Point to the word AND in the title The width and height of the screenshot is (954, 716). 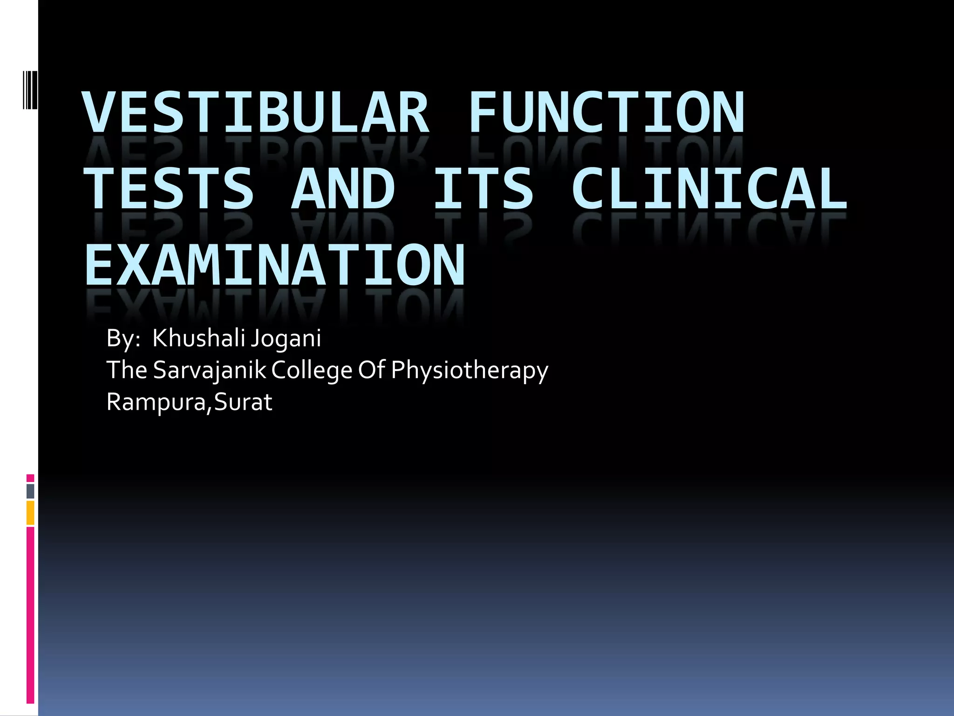(343, 188)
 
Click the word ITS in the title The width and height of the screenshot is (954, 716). (483, 188)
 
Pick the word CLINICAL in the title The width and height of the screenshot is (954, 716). (709, 188)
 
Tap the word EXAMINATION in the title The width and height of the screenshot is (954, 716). (275, 265)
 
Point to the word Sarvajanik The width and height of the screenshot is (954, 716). (209, 371)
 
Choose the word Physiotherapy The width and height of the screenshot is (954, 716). (470, 371)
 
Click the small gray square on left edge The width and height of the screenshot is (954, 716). (30, 491)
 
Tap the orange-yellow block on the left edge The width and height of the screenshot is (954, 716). (30, 512)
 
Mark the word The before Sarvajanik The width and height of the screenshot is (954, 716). (127, 370)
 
